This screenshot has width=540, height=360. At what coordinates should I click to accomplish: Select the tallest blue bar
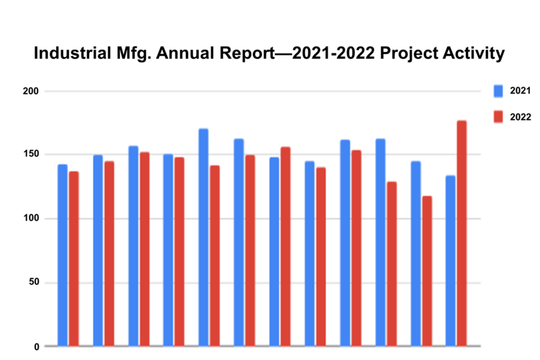(204, 238)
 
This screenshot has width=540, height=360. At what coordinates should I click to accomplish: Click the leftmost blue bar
(63, 256)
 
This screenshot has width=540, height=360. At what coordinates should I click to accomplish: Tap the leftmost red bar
(73, 258)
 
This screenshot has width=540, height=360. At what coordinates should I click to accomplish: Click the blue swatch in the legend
(498, 91)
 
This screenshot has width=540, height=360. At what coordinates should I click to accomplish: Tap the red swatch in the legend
(498, 117)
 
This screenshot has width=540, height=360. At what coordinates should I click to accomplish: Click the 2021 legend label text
(520, 91)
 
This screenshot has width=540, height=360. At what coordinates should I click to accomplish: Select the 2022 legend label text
(520, 117)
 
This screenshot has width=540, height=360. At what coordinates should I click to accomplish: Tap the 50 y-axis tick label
(33, 282)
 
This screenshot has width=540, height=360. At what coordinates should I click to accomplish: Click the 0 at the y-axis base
(36, 346)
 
